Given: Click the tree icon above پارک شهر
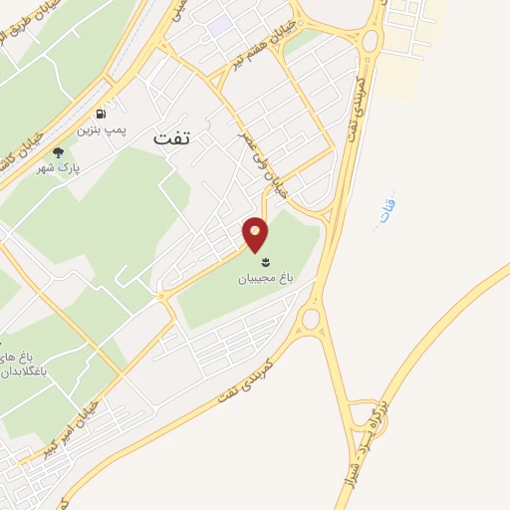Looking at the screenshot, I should click(x=58, y=152).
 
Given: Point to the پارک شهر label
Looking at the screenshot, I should click(x=59, y=169).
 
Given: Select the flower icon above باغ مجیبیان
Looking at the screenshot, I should click(x=264, y=262).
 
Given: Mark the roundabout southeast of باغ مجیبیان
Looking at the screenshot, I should click(x=311, y=319).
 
